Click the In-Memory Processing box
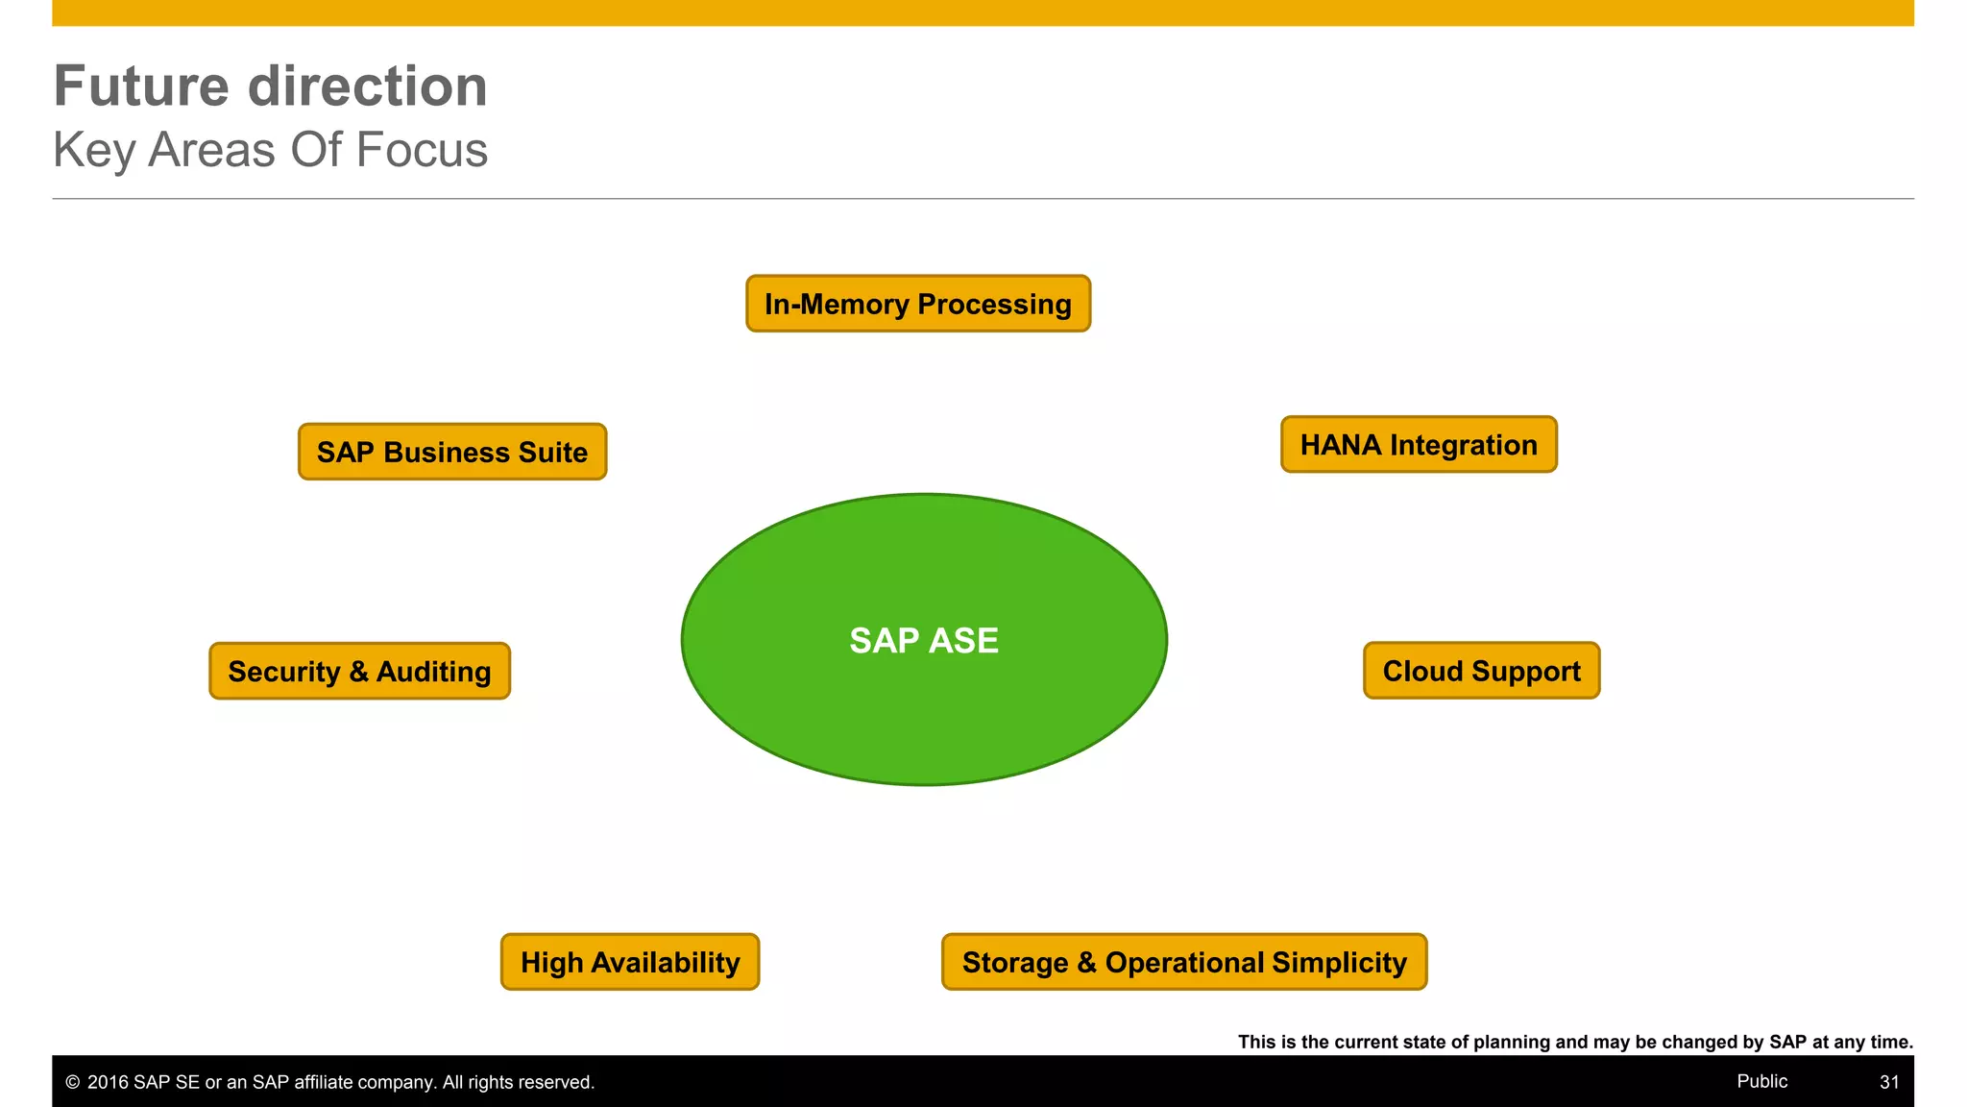click(x=918, y=304)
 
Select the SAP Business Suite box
click(x=452, y=452)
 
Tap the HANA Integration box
click(x=1419, y=445)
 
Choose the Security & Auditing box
click(x=359, y=671)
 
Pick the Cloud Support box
click(x=1481, y=671)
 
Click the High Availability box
click(x=630, y=962)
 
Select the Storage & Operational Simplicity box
click(x=1184, y=962)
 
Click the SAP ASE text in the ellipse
click(x=924, y=641)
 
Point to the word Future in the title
click(x=140, y=86)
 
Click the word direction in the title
click(x=368, y=86)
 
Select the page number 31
click(x=1889, y=1082)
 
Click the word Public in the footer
click(x=1761, y=1081)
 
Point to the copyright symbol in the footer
click(x=72, y=1083)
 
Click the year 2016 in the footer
click(x=108, y=1083)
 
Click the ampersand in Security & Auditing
click(x=358, y=671)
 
